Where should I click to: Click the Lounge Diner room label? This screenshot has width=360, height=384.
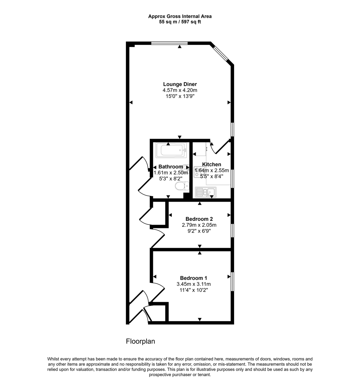(180, 84)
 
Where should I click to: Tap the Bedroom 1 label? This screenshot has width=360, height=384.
(194, 278)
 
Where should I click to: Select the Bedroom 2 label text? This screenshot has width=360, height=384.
(199, 219)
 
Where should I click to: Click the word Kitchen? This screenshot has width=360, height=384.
(212, 164)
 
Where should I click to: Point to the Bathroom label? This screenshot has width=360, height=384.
(170, 167)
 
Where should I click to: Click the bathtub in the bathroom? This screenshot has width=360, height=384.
(171, 150)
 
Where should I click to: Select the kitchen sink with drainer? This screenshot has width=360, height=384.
(206, 192)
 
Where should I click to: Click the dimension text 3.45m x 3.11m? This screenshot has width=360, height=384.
(194, 284)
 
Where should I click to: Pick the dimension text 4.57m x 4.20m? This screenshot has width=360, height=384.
(180, 90)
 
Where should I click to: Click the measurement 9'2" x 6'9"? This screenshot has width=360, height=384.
(199, 231)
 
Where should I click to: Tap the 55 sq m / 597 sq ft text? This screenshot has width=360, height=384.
(180, 22)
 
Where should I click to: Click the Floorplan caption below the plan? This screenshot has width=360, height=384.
(141, 341)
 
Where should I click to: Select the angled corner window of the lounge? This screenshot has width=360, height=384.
(222, 54)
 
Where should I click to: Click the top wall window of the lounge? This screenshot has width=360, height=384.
(169, 43)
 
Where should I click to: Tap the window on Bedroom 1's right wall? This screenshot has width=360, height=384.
(232, 282)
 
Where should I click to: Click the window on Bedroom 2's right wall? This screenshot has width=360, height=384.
(232, 230)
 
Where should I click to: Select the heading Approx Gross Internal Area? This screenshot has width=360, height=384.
(180, 16)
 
